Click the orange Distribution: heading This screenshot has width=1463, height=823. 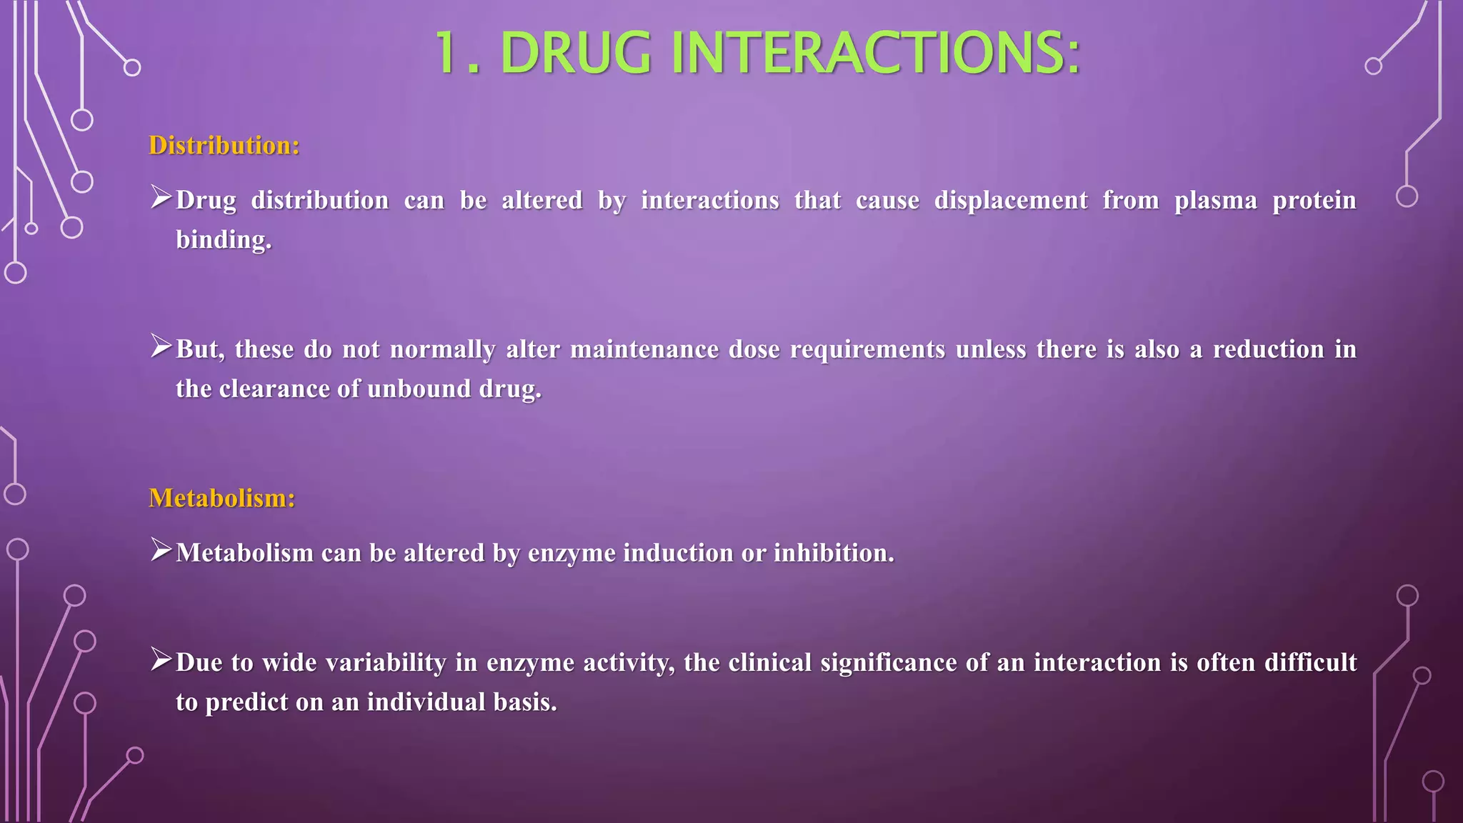(224, 146)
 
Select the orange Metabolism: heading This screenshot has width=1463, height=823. (221, 498)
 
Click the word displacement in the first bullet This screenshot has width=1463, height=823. (1011, 200)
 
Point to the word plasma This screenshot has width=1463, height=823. (1215, 200)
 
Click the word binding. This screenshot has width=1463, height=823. (224, 240)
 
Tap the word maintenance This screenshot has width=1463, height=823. (644, 349)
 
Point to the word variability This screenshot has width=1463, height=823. (386, 663)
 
